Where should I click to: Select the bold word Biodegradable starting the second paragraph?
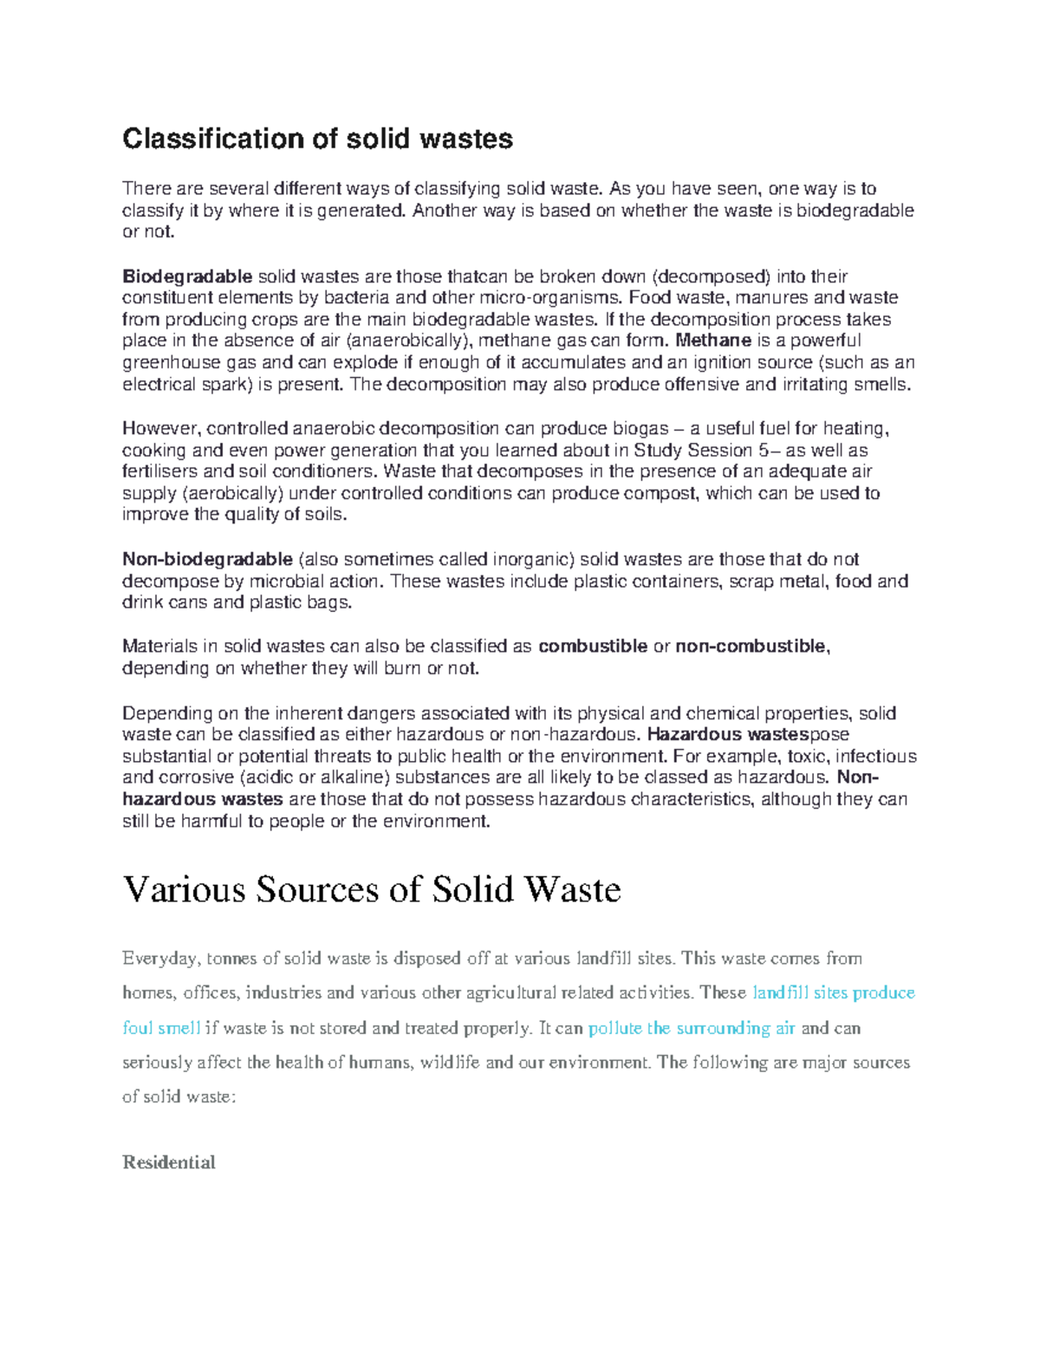pyautogui.click(x=187, y=276)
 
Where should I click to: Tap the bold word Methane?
pyautogui.click(x=714, y=341)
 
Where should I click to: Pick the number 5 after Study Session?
pyautogui.click(x=763, y=451)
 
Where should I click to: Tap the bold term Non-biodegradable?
pyautogui.click(x=208, y=560)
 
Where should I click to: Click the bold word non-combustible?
pyautogui.click(x=751, y=647)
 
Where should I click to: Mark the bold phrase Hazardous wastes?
pyautogui.click(x=728, y=735)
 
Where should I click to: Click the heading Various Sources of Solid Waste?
pyautogui.click(x=372, y=890)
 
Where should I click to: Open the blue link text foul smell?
pyautogui.click(x=162, y=1029)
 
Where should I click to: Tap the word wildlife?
pyautogui.click(x=449, y=1063)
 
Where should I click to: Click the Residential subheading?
pyautogui.click(x=169, y=1163)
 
